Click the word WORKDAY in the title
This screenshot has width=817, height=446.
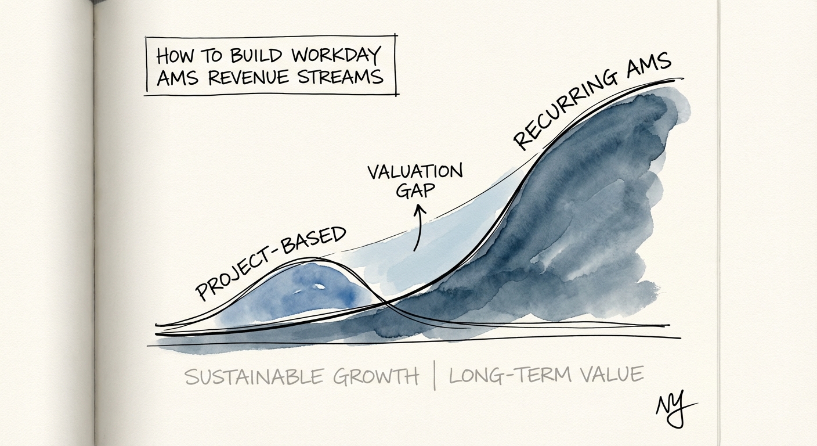pyautogui.click(x=336, y=56)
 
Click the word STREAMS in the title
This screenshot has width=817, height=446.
pyautogui.click(x=343, y=77)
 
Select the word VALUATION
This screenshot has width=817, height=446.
pyautogui.click(x=415, y=172)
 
